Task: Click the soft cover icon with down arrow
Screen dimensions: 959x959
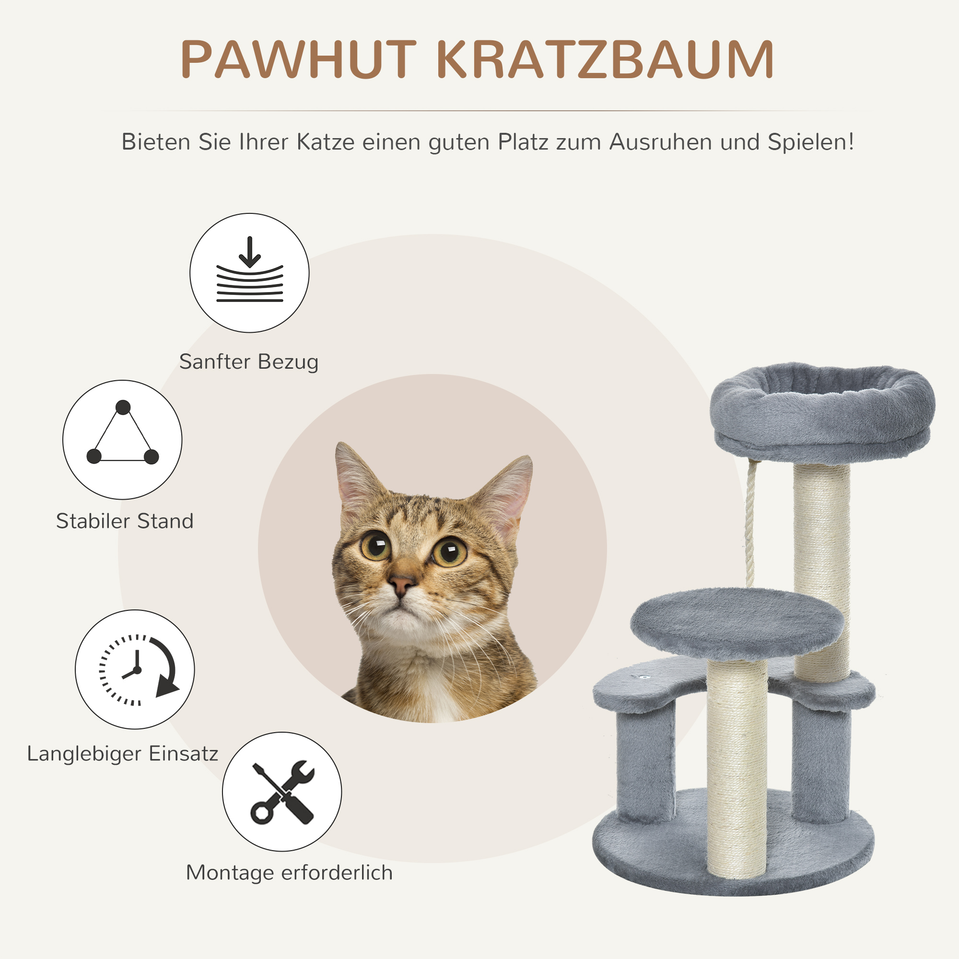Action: point(249,273)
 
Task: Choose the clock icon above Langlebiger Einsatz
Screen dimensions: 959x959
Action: point(135,669)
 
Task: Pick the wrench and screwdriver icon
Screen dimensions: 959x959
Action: point(282,792)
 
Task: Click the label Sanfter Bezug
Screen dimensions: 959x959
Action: point(249,362)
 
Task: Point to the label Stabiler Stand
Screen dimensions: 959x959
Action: point(125,521)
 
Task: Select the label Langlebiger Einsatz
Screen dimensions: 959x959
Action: point(123,753)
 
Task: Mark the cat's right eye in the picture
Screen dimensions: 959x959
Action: point(450,551)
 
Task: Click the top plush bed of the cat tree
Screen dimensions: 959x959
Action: point(822,412)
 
